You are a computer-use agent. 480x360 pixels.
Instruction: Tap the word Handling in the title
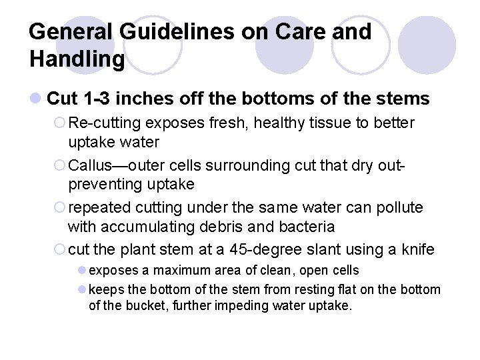coord(77,59)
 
